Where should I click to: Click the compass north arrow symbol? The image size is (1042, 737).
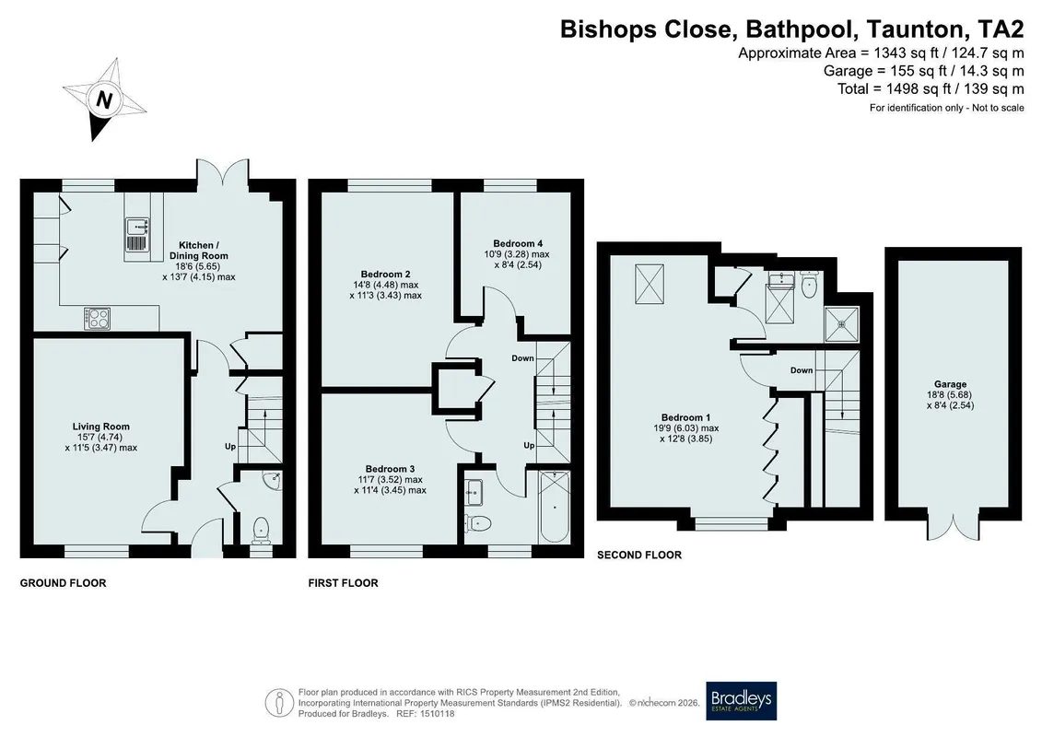coord(104,99)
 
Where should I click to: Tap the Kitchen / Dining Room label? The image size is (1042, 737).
coord(199,251)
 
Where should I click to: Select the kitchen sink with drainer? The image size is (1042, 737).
coord(135,236)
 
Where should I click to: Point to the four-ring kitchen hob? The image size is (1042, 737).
coord(97,318)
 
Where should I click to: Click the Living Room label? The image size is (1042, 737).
coord(101,427)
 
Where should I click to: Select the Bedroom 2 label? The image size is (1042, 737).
coord(385,274)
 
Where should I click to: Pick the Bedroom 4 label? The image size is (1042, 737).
coord(518,243)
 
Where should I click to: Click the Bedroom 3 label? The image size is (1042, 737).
coord(390,469)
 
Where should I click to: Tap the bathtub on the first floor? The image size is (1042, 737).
coord(555,507)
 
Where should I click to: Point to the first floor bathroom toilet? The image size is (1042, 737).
coord(478,523)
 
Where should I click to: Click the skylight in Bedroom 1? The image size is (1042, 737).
coord(650,285)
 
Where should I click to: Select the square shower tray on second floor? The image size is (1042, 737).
coord(842,323)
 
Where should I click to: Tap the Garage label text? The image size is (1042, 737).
coord(950,384)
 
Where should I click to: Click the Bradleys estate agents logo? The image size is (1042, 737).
coord(741,701)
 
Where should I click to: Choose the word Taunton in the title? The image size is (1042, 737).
coord(917,29)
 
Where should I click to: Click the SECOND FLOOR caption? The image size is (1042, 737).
coord(639,555)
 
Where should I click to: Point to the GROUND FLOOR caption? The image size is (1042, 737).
coord(64,583)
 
